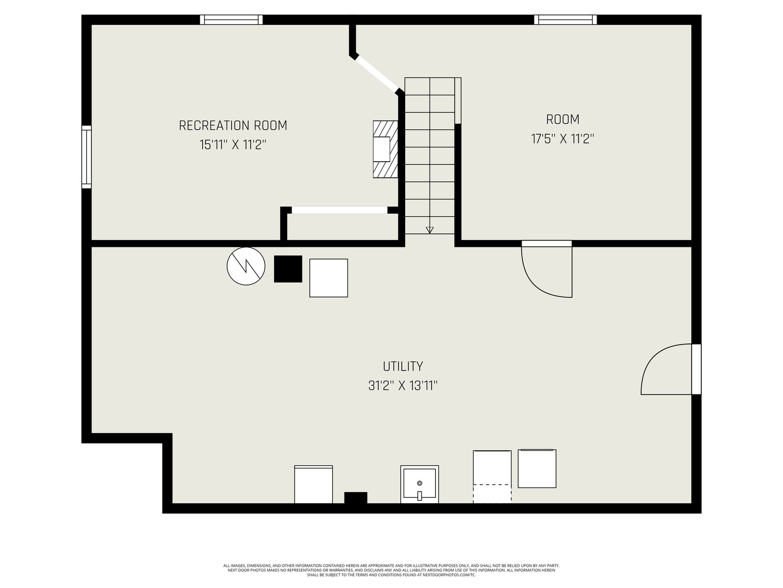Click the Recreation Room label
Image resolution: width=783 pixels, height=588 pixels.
(232, 125)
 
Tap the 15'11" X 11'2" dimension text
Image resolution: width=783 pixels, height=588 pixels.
(232, 145)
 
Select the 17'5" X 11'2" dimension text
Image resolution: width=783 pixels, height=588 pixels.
(562, 139)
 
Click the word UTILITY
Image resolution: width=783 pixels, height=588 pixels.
(403, 367)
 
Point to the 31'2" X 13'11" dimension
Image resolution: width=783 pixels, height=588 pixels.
(403, 386)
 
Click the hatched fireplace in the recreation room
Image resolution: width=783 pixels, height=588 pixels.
(385, 149)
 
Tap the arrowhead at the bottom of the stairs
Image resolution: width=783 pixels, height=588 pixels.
(430, 230)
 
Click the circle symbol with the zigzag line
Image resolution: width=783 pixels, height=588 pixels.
(246, 266)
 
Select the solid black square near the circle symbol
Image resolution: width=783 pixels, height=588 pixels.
(288, 269)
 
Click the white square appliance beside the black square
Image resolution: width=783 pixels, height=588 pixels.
(328, 278)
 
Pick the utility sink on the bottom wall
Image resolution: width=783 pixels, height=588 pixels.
(419, 484)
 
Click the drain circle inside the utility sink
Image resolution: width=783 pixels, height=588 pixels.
(419, 483)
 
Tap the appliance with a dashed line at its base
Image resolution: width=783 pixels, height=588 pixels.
(492, 477)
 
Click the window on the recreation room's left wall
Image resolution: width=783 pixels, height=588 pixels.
(86, 157)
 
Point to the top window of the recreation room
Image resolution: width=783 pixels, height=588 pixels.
(231, 20)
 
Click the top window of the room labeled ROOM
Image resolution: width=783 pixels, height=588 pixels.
(565, 20)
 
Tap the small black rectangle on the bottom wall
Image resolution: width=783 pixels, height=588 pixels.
(356, 498)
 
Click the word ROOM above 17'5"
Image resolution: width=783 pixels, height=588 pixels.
(563, 119)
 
